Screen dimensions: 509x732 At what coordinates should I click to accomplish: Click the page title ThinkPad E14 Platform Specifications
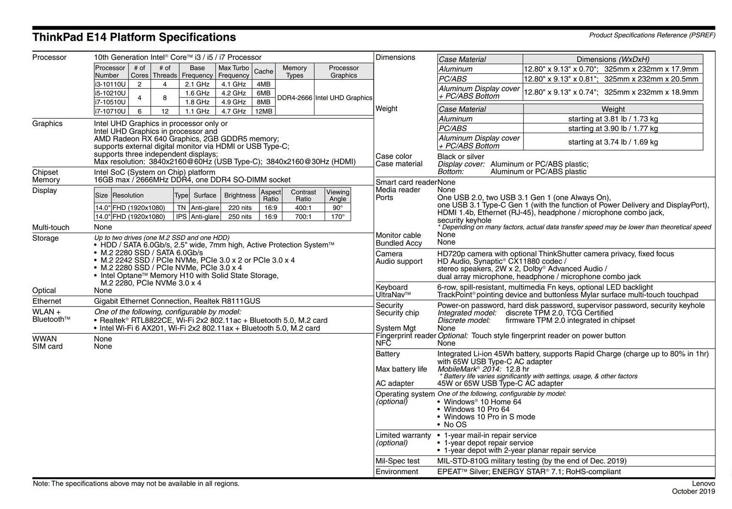(134, 37)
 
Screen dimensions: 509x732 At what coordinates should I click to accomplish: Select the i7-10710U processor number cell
(110, 112)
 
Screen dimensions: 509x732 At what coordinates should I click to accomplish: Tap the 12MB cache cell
(263, 112)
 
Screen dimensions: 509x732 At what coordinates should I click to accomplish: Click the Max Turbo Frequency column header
(234, 72)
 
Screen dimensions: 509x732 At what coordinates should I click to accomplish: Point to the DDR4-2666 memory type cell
(295, 98)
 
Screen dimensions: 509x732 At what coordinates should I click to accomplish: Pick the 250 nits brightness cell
(240, 217)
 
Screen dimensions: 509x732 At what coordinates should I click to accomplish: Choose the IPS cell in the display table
(181, 217)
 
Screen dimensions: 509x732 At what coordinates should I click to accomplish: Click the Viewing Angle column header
(338, 196)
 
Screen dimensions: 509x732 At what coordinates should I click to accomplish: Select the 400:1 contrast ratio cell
(303, 208)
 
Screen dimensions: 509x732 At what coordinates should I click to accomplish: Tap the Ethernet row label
(47, 301)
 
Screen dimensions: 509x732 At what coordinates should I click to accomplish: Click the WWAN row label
(45, 339)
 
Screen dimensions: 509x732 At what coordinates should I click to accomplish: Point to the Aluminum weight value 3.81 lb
(613, 119)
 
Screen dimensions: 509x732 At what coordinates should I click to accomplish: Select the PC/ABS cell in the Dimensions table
(453, 79)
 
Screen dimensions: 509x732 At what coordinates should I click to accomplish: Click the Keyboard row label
(392, 287)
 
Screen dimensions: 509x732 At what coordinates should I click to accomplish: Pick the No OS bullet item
(455, 425)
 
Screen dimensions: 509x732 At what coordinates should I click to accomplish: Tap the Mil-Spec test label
(398, 461)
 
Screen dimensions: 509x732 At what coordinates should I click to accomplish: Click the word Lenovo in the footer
(703, 484)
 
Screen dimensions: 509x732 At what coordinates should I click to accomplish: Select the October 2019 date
(693, 492)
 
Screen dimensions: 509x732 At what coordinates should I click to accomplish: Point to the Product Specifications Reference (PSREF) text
(652, 35)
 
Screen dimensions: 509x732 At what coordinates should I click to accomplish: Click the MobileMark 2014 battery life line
(483, 369)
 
